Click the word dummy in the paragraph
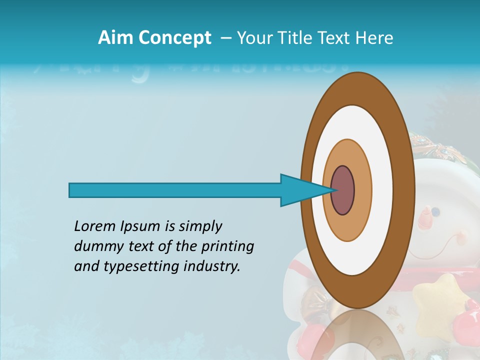point(95,246)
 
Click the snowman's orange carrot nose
point(425,219)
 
